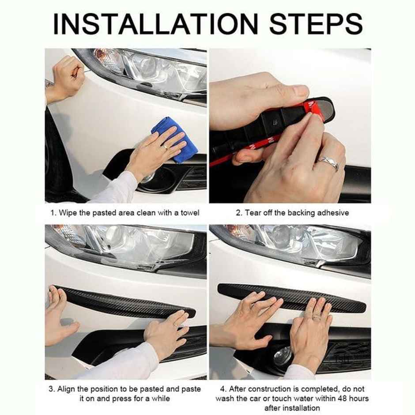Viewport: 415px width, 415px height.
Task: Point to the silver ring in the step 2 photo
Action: pos(328,164)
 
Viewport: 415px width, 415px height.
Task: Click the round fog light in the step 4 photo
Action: pos(283,356)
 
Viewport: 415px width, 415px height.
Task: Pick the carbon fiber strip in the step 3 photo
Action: pos(128,302)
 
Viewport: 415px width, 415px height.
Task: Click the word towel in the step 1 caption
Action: pos(190,213)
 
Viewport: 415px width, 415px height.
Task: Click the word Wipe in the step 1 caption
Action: pos(68,213)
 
